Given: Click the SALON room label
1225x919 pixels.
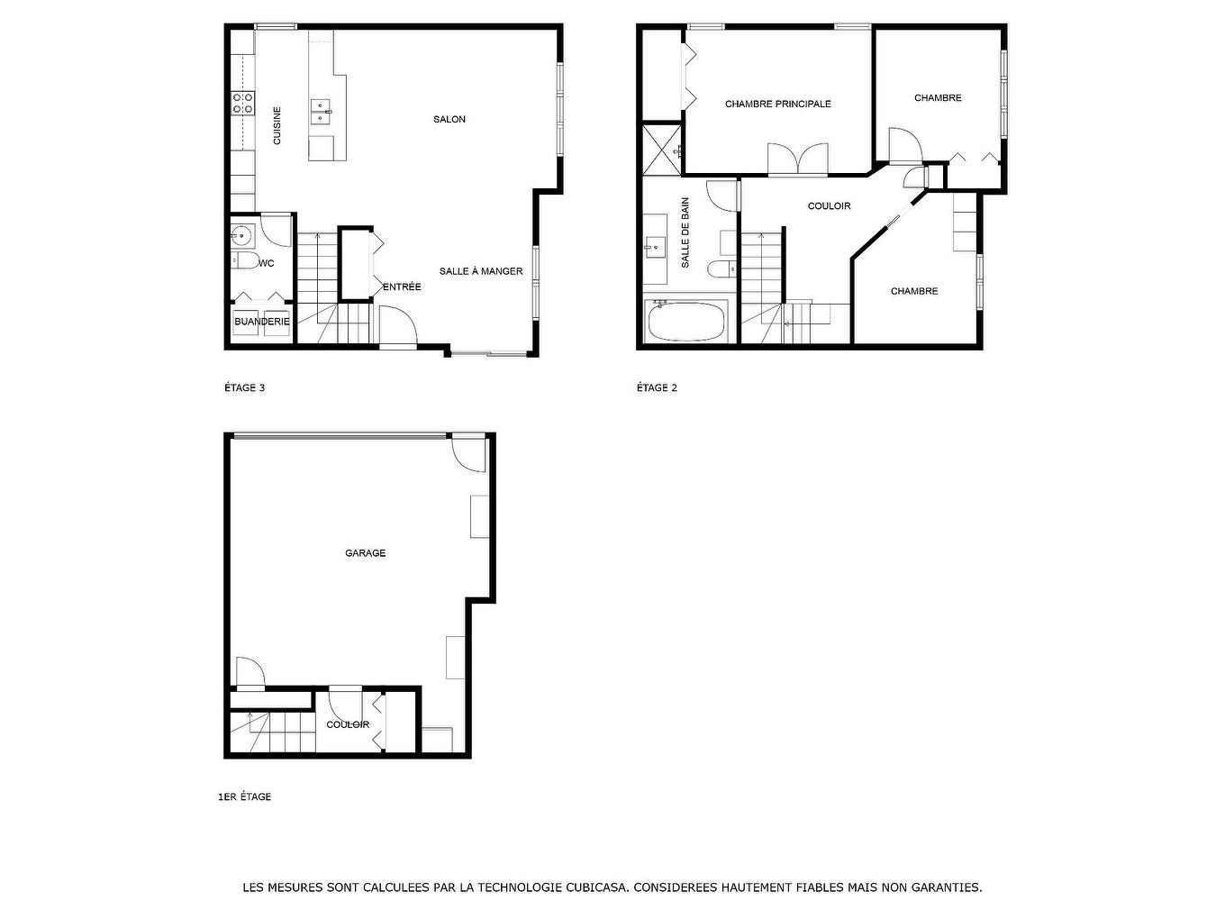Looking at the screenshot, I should point(449,120).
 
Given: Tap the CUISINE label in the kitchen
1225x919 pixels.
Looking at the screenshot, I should point(277,126).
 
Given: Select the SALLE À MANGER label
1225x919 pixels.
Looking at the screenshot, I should point(481,271).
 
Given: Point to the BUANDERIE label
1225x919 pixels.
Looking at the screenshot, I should point(262,322).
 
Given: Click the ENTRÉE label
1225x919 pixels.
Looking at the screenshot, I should point(402,287).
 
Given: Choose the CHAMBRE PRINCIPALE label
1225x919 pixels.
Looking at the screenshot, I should point(777,105).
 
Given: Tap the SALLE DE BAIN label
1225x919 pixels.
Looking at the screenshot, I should point(685,232).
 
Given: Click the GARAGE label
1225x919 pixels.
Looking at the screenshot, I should point(365,553).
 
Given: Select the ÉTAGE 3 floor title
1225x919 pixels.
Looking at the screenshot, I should point(244,388).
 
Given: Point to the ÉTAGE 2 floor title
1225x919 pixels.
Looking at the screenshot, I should point(657,388).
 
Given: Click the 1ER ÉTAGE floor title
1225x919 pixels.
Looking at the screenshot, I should point(244,797).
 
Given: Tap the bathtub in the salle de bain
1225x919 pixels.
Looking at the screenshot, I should point(686,322).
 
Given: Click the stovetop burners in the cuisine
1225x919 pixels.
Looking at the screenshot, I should point(242,104).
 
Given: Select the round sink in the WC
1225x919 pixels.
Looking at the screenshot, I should point(240,237).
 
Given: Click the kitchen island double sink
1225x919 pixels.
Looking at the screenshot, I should point(321,111).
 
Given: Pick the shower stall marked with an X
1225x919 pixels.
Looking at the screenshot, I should point(660,149).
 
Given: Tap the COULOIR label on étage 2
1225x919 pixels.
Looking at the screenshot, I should point(829,206).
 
